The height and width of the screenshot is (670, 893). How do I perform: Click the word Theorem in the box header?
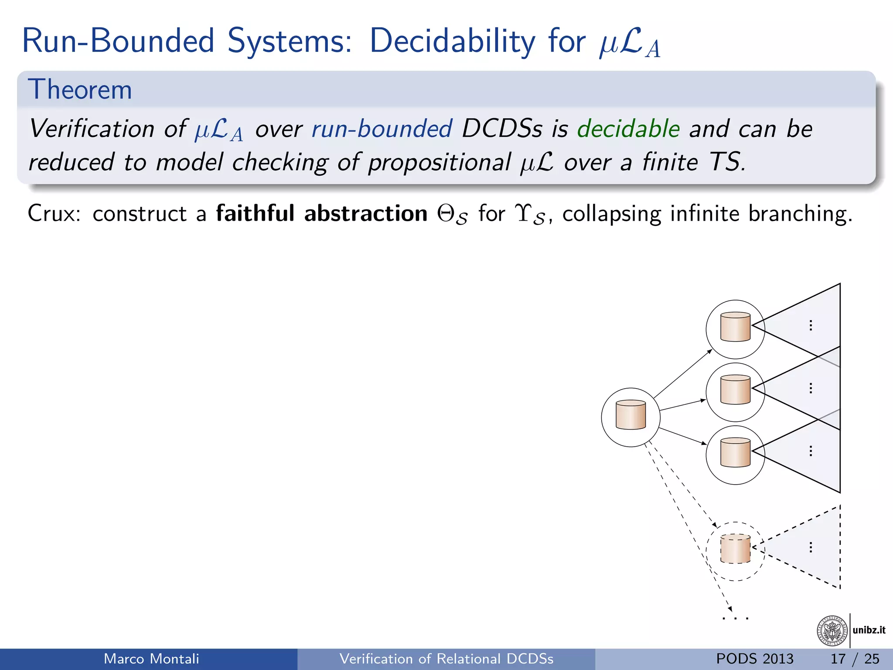(x=80, y=90)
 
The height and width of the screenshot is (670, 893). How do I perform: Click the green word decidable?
(x=628, y=129)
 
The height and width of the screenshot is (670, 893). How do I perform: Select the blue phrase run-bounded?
(x=382, y=129)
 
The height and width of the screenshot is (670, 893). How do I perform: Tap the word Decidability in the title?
(x=452, y=41)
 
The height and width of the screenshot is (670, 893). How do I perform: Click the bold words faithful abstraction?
(x=321, y=214)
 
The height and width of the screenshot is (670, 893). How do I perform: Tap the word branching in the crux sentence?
(x=800, y=214)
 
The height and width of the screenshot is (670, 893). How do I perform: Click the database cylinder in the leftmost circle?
(x=631, y=415)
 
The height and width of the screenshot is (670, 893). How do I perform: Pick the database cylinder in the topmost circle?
(x=735, y=327)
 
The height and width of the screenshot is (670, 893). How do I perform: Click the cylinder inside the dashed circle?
(x=735, y=549)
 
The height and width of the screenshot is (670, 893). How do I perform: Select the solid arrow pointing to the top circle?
(x=682, y=373)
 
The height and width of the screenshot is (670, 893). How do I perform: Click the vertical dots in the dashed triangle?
(x=811, y=547)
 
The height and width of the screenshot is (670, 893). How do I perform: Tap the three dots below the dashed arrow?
(x=736, y=618)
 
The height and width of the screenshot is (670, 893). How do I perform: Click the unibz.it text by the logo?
(x=869, y=630)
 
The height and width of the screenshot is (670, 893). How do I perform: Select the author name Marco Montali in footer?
(x=151, y=659)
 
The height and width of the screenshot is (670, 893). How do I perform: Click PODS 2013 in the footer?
(x=755, y=659)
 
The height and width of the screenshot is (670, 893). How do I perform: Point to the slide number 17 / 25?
(x=855, y=659)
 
